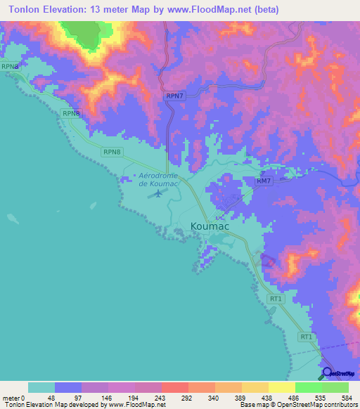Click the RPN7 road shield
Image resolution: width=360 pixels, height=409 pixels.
(175, 96)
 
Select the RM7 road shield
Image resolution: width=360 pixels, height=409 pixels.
(263, 181)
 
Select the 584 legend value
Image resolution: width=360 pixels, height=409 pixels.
(347, 397)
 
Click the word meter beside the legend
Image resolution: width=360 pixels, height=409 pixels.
(11, 397)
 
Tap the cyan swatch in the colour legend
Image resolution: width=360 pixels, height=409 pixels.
(41, 387)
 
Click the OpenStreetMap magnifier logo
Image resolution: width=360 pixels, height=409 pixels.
(326, 372)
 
